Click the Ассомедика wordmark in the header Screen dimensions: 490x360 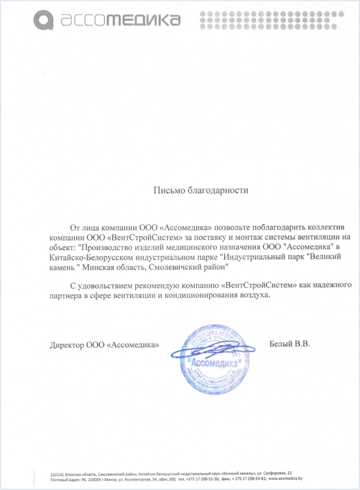121,20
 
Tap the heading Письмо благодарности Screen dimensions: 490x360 201,191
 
